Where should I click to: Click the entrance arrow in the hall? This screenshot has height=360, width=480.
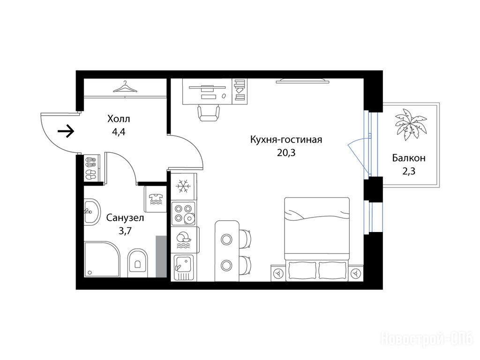click(x=66, y=132)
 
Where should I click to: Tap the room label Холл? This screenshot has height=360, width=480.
click(x=119, y=119)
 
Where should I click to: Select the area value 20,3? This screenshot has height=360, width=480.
click(x=286, y=152)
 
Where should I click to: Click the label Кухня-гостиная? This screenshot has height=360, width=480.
click(x=286, y=140)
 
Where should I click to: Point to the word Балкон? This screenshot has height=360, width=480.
click(x=409, y=158)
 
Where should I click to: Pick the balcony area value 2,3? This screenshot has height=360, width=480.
click(x=409, y=171)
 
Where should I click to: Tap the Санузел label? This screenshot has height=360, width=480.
click(x=125, y=217)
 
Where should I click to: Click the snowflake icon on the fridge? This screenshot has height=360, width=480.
click(x=183, y=186)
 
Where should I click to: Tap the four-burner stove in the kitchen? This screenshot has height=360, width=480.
click(x=183, y=213)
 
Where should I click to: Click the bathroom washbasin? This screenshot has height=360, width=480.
click(x=92, y=211)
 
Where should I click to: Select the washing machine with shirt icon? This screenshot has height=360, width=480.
click(x=156, y=199)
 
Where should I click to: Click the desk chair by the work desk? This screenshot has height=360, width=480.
click(x=209, y=113)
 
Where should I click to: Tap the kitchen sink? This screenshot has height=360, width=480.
click(x=184, y=267)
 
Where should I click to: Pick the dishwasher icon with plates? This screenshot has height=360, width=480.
click(x=183, y=240)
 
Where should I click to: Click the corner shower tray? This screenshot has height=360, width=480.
click(x=102, y=260)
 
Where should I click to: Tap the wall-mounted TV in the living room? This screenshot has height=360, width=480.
click(x=302, y=81)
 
